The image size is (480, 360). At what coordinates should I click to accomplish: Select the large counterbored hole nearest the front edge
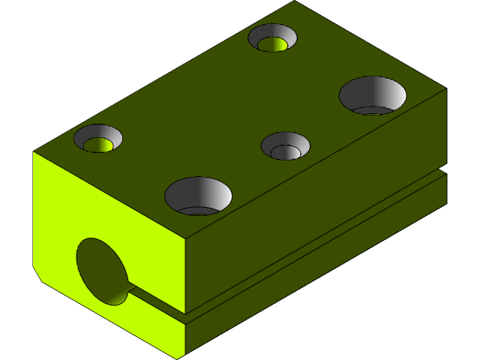point(198,195)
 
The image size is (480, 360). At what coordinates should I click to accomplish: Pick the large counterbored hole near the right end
point(373,95)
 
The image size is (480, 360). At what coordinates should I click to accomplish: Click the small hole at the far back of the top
point(272,37)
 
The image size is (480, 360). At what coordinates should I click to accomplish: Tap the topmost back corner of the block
point(293,1)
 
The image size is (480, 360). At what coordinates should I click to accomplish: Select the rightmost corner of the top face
point(447,88)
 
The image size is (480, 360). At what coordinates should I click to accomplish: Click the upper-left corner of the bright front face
point(34,152)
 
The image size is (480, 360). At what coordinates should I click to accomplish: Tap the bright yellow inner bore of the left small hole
point(99,143)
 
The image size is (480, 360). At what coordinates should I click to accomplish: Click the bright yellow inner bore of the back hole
point(274,43)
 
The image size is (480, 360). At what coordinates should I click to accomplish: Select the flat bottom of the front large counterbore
point(198,211)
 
